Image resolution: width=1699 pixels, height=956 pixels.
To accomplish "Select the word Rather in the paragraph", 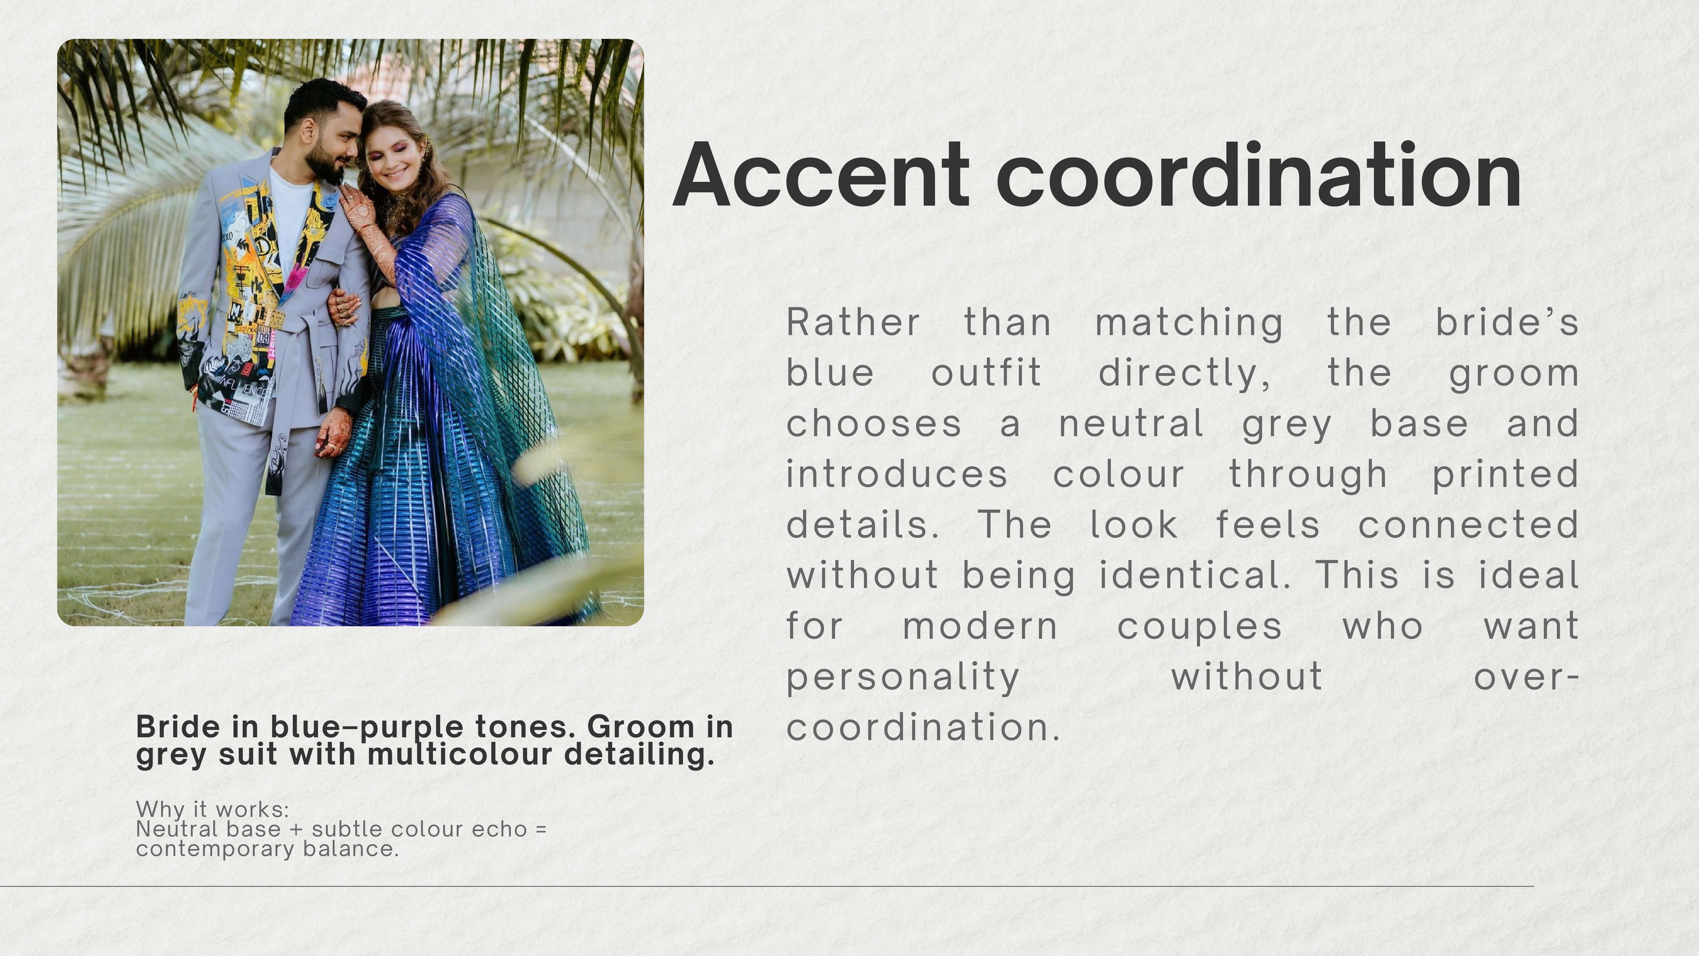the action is tap(853, 323).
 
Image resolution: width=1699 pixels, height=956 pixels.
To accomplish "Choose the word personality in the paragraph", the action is tap(904, 678).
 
